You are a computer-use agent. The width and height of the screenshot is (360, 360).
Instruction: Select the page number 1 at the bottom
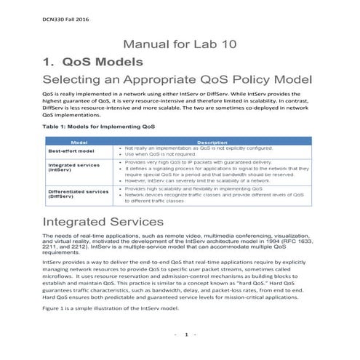click(x=185, y=335)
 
